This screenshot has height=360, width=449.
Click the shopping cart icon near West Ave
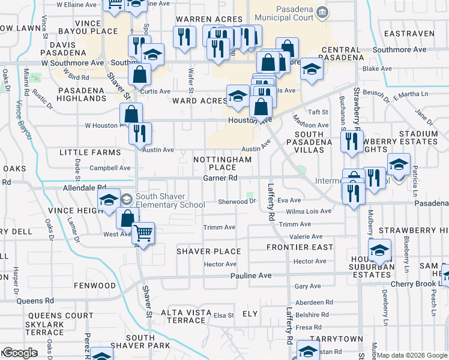[143, 232]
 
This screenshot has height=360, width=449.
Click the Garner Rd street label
[220, 178]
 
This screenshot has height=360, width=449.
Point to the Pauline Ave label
[251, 275]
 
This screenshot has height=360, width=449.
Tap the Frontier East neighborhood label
[300, 247]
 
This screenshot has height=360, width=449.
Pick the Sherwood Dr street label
[237, 202]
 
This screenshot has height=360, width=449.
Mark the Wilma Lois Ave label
[309, 211]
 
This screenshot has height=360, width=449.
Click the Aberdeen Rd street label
[314, 302]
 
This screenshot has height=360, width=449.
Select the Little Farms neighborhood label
[90, 153]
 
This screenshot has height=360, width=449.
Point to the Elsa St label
[223, 315]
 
